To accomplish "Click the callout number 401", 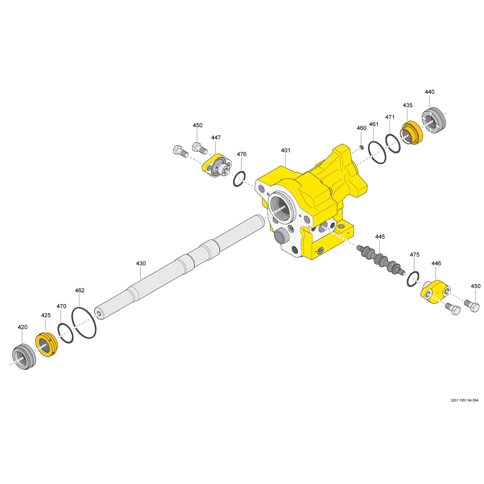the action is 286,151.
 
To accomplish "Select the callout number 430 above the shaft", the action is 141,263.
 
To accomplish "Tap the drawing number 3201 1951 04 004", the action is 464,400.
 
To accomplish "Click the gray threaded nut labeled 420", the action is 24,357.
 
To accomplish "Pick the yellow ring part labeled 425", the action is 46,345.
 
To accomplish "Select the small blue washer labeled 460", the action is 361,147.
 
